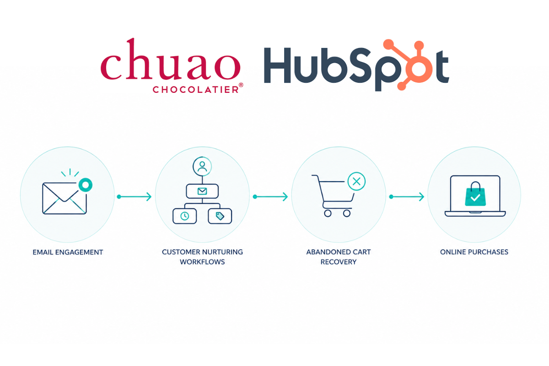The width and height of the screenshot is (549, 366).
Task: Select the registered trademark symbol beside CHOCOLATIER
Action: (x=241, y=85)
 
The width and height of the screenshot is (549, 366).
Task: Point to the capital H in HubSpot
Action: (x=277, y=65)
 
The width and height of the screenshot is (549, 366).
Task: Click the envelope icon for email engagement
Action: (x=65, y=198)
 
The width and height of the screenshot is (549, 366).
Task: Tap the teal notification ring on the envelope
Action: (x=85, y=184)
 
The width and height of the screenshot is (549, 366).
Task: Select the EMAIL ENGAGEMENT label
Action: (x=68, y=252)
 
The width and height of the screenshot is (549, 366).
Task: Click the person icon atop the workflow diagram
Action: (x=202, y=166)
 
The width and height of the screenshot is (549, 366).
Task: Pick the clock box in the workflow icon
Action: (x=184, y=216)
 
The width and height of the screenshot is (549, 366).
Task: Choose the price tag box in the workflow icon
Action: (x=220, y=216)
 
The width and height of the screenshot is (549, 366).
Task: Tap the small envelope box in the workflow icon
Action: (x=202, y=191)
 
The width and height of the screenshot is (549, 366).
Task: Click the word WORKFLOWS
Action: (x=202, y=262)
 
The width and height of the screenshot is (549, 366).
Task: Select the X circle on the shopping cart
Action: (x=356, y=182)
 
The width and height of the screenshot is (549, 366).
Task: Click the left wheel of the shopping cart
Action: (x=328, y=213)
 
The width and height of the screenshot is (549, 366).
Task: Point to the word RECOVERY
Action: (x=339, y=262)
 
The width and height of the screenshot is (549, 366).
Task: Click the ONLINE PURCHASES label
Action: (x=474, y=252)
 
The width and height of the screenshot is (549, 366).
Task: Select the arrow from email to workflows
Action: (x=135, y=197)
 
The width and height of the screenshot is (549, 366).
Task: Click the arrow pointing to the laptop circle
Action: (x=407, y=197)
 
